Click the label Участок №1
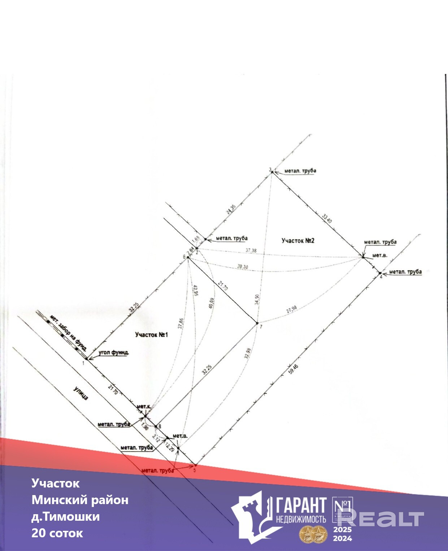pyautogui.click(x=152, y=334)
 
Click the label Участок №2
pyautogui.click(x=298, y=240)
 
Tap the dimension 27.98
pyautogui.click(x=291, y=309)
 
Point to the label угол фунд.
pyautogui.click(x=113, y=352)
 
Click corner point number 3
pyautogui.click(x=272, y=172)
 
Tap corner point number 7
pyautogui.click(x=257, y=323)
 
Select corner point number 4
pyautogui.click(x=380, y=273)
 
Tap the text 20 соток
pyautogui.click(x=57, y=533)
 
